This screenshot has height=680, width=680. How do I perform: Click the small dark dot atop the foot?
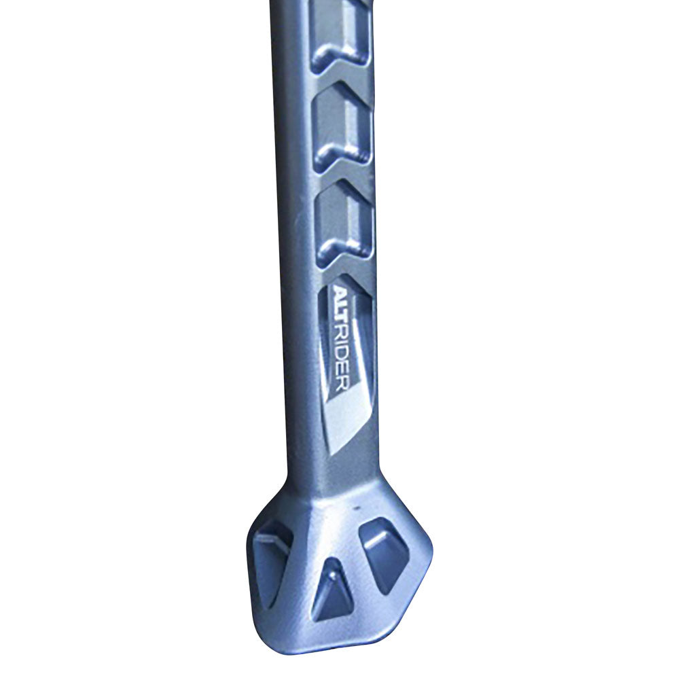tap(355, 507)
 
